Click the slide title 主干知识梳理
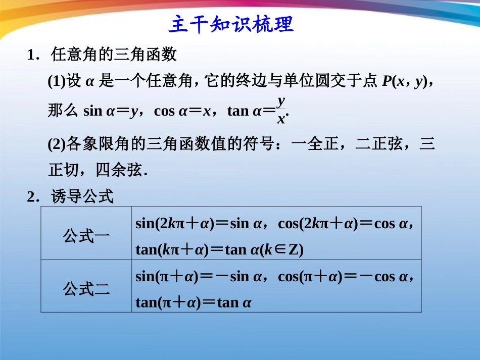tap(231, 24)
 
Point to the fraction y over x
tap(281, 110)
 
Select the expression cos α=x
tap(182, 111)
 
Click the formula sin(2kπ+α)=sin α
tap(199, 223)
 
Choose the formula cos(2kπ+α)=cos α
tap(346, 223)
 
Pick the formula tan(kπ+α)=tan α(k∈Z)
tap(219, 249)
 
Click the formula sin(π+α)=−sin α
tap(199, 276)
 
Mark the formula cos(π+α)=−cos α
tap(346, 276)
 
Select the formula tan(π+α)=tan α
tap(194, 302)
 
